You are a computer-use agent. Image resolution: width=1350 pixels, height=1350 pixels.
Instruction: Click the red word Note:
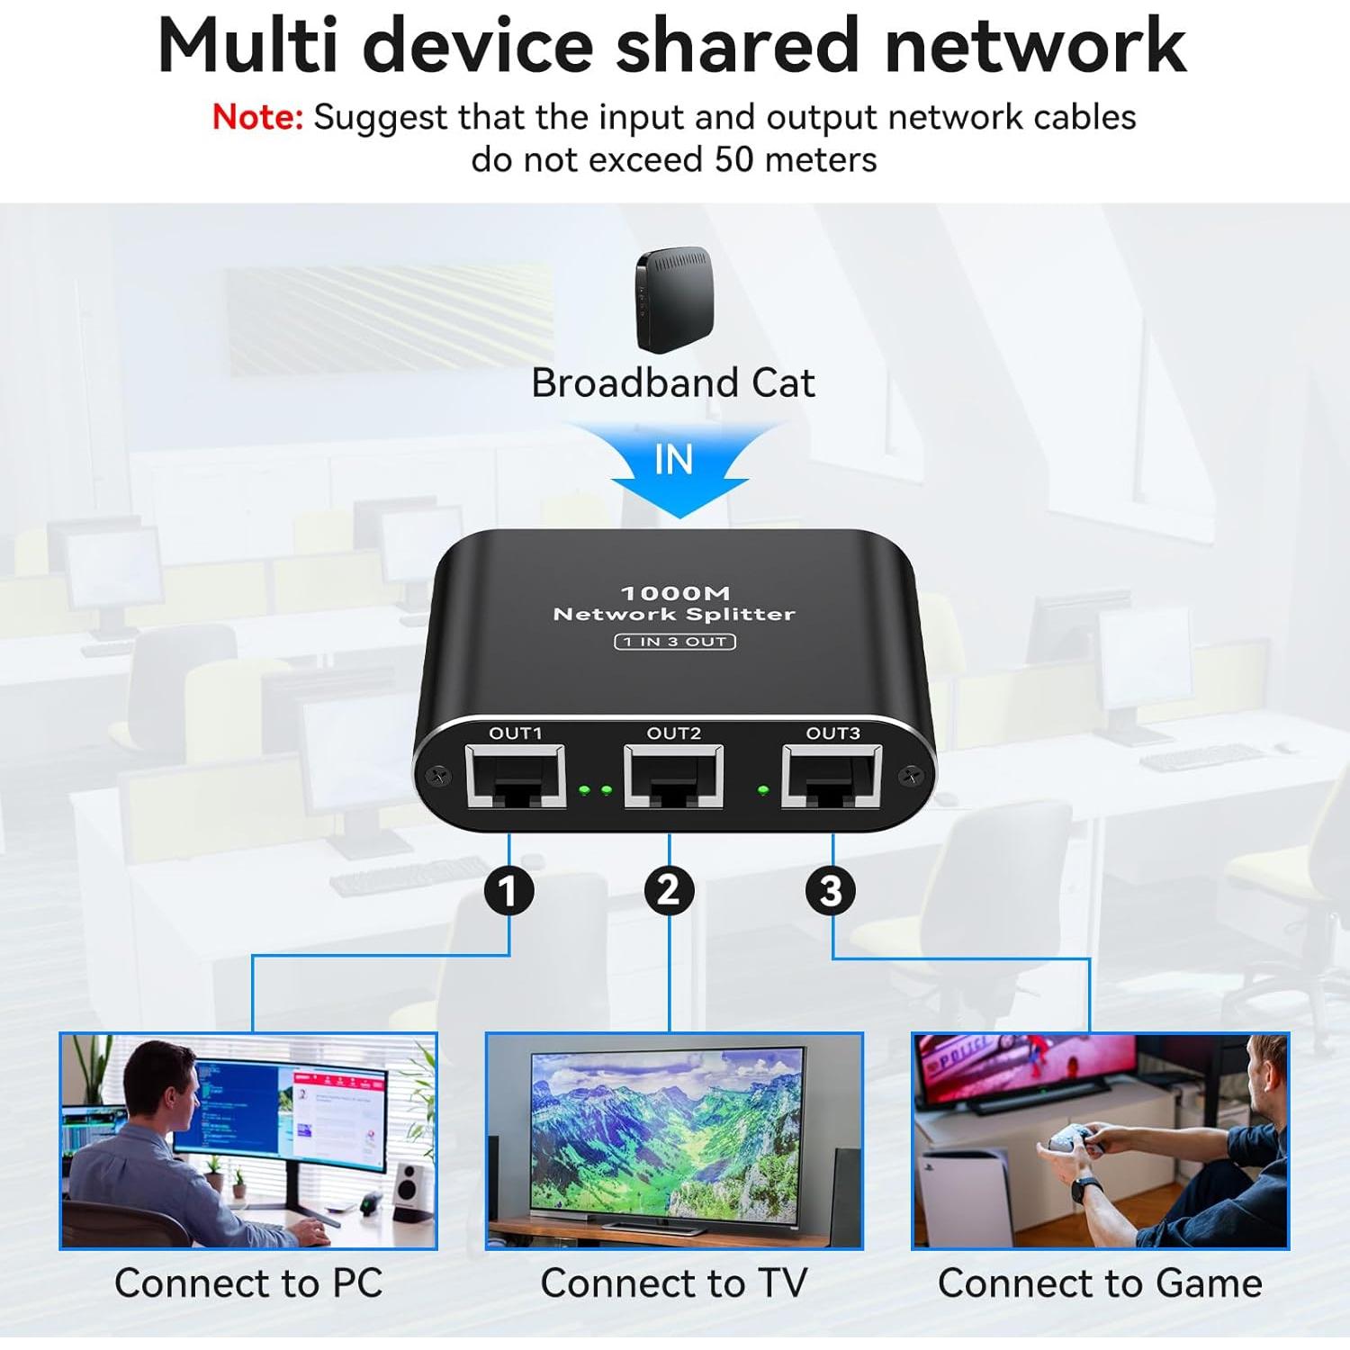pos(257,118)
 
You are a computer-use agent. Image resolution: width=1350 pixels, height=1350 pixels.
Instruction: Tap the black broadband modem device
pos(674,299)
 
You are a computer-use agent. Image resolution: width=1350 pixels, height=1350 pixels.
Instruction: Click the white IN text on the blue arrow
pos(674,460)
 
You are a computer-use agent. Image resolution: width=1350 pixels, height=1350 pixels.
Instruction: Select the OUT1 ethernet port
pos(515,776)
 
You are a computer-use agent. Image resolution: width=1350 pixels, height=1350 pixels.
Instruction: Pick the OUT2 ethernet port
pos(673,776)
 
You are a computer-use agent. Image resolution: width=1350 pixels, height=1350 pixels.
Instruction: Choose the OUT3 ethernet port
pos(832,776)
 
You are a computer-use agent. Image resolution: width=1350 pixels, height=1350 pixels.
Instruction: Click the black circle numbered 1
pos(509,891)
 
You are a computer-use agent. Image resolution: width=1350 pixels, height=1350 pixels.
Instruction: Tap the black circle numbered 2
pos(669,891)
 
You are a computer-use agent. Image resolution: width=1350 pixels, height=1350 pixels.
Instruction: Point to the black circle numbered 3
pos(830,891)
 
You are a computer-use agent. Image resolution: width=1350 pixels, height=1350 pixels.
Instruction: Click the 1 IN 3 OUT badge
pos(675,642)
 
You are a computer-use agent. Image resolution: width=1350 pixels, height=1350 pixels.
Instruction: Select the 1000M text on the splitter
pos(675,593)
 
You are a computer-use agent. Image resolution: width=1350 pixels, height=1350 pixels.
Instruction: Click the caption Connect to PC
pos(248,1283)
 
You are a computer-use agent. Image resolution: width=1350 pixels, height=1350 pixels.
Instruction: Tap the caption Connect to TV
pos(674,1283)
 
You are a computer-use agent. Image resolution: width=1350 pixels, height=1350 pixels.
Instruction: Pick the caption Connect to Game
pos(1100,1283)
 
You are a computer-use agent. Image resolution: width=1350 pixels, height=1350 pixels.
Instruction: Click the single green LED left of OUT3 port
pos(764,790)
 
